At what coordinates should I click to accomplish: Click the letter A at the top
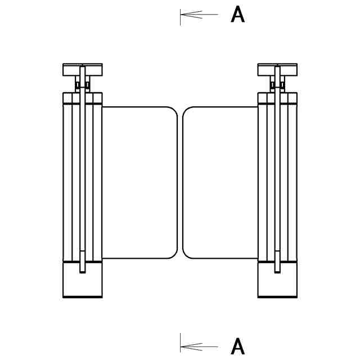coord(238,15)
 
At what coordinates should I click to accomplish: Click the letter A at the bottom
coord(238,346)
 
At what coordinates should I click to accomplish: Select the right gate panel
coord(220,183)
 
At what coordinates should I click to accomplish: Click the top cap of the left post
coord(83,70)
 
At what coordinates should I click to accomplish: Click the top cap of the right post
coord(277,70)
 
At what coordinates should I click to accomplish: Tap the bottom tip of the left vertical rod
coord(83,272)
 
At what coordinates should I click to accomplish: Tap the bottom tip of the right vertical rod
coord(277,272)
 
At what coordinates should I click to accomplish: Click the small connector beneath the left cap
coord(83,85)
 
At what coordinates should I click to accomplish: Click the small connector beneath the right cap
coord(277,85)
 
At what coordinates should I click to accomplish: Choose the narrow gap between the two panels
coord(180,183)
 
